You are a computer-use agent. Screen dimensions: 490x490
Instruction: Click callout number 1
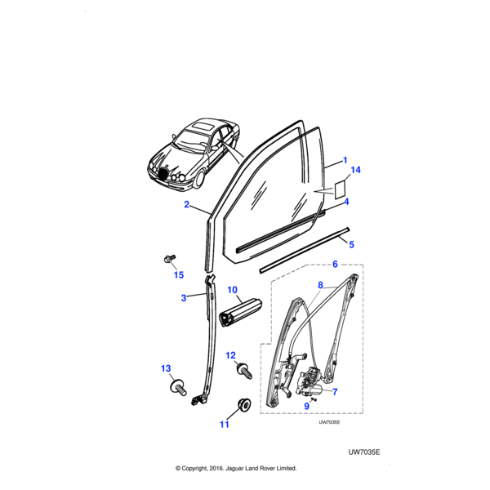click(x=345, y=161)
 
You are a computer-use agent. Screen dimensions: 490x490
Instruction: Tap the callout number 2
click(x=186, y=206)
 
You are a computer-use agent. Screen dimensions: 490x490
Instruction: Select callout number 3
click(x=184, y=298)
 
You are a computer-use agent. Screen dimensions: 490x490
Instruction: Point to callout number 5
click(x=351, y=243)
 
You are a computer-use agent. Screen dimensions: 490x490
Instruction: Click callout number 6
click(x=333, y=264)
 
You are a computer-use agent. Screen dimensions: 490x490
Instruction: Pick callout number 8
click(x=319, y=285)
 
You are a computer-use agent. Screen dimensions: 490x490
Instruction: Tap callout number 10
click(x=231, y=290)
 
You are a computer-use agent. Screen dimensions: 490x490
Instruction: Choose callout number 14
click(x=354, y=171)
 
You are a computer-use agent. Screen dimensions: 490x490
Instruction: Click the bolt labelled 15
click(x=168, y=260)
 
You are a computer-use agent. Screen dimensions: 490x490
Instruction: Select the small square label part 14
click(x=335, y=189)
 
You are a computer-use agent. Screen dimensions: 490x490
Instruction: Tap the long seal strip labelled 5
click(x=302, y=249)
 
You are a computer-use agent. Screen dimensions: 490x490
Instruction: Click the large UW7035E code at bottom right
click(x=364, y=449)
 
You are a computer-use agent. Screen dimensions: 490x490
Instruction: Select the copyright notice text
click(x=236, y=469)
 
